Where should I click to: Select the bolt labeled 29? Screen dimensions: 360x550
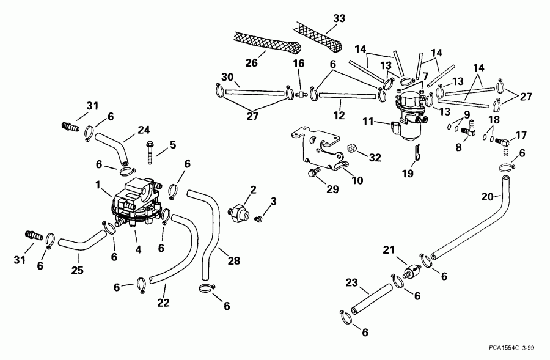pyautogui.click(x=313, y=174)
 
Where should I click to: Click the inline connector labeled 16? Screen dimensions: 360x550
pyautogui.click(x=300, y=94)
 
